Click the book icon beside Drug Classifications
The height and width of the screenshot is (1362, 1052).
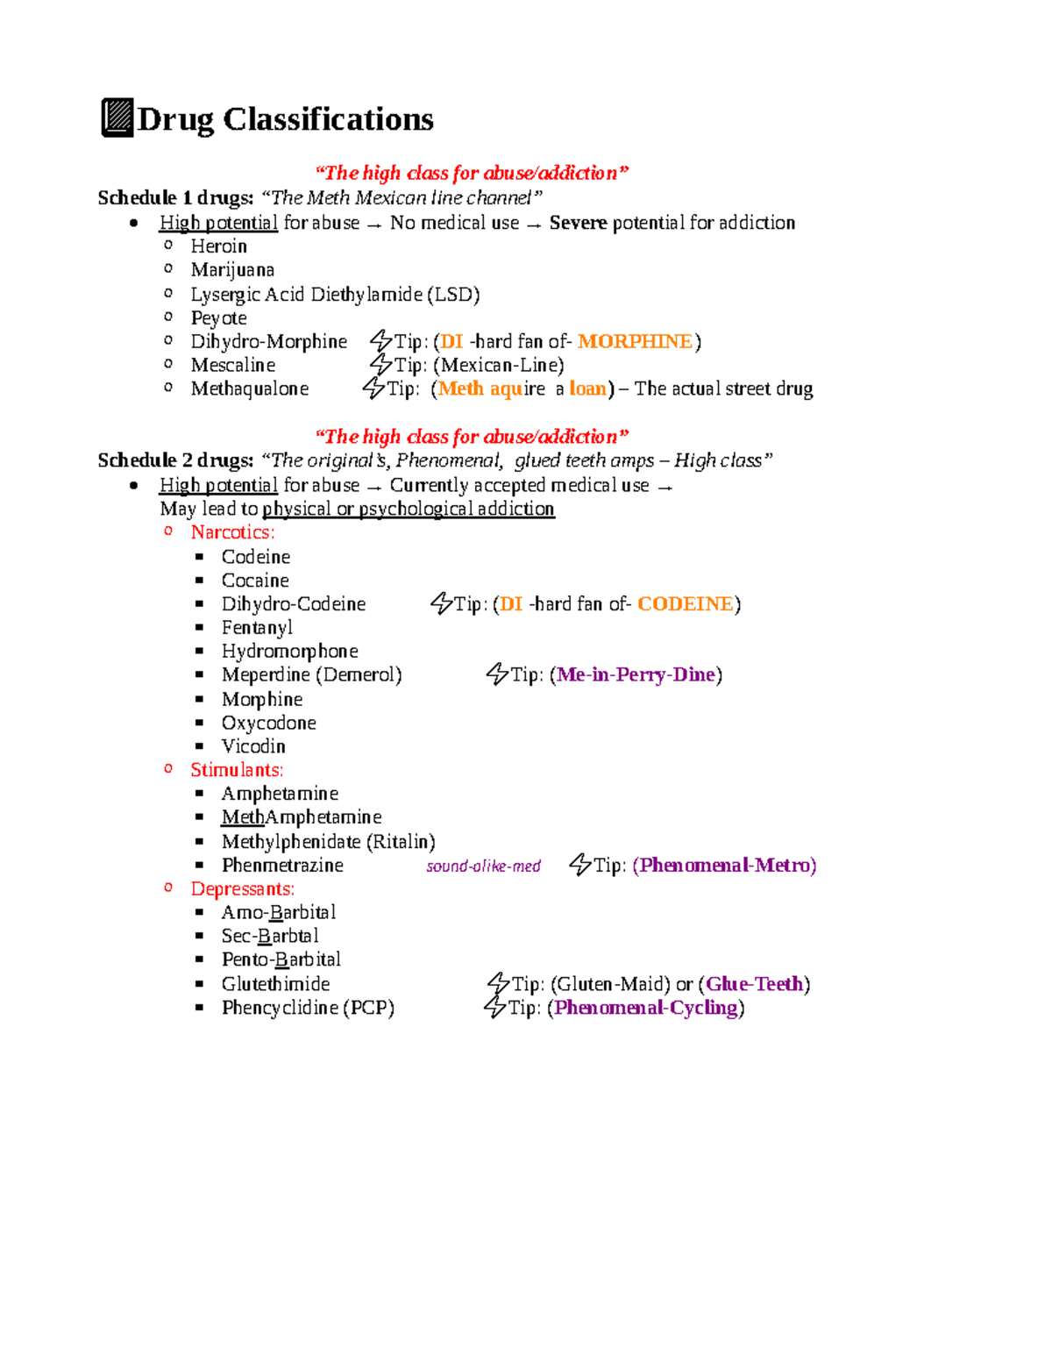117,118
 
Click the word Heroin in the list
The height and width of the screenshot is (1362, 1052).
219,246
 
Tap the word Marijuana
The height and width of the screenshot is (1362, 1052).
232,270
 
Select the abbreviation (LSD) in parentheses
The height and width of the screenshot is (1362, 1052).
453,295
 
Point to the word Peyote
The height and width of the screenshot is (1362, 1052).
219,318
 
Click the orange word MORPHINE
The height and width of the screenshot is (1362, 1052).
635,341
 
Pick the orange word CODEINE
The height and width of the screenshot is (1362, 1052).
685,604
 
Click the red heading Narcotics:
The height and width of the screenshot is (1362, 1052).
232,532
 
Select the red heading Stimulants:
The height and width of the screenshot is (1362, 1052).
237,770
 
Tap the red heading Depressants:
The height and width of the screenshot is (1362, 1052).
243,889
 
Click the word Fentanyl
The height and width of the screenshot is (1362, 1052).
257,628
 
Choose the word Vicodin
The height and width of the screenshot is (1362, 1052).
253,746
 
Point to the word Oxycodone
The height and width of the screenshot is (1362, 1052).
268,723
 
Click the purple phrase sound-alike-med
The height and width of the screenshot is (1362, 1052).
483,866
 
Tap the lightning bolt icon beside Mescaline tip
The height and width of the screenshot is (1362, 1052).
380,364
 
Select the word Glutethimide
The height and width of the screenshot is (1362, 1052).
275,984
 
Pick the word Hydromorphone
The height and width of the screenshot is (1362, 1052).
289,652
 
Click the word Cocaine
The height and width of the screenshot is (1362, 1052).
255,581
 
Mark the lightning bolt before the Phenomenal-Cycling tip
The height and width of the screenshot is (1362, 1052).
494,1007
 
